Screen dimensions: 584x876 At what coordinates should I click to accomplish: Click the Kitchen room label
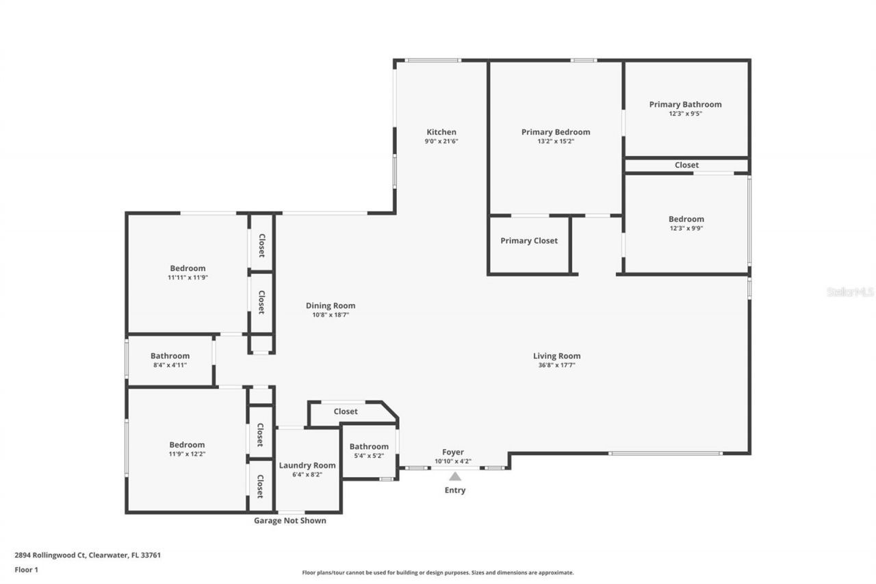pos(441,132)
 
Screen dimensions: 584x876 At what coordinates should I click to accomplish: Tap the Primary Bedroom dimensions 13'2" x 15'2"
pos(555,142)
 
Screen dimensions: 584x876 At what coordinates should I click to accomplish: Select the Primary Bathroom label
pos(685,105)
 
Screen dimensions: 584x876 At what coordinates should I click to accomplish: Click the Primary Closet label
pos(528,240)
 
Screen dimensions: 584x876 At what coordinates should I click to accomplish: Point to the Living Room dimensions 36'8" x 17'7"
pos(556,366)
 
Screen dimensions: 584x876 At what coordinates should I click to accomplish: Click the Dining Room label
pos(331,306)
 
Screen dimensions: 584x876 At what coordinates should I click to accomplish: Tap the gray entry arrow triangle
pos(455,477)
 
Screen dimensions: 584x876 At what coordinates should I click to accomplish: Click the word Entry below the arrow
pos(455,490)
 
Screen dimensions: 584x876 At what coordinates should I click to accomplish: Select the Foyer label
pos(453,452)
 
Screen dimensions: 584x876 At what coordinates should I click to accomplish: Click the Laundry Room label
pos(307,466)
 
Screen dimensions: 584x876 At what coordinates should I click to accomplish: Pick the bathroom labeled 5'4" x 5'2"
pos(369,447)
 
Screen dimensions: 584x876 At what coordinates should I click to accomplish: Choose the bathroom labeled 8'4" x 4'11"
pos(170,356)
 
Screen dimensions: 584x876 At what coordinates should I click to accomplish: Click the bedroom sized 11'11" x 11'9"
pos(188,268)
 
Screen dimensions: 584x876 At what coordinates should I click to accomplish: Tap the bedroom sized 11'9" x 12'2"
pos(188,445)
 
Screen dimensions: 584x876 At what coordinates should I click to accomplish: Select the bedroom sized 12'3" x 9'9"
pos(686,219)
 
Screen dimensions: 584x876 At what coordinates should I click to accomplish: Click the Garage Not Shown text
pos(290,520)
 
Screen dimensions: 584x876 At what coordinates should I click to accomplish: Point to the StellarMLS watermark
pos(850,292)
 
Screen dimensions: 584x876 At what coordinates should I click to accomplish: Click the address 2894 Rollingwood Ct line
pos(88,555)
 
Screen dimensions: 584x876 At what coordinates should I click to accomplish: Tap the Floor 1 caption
pos(27,569)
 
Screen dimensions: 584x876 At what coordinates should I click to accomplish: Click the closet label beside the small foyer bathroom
pos(346,411)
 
